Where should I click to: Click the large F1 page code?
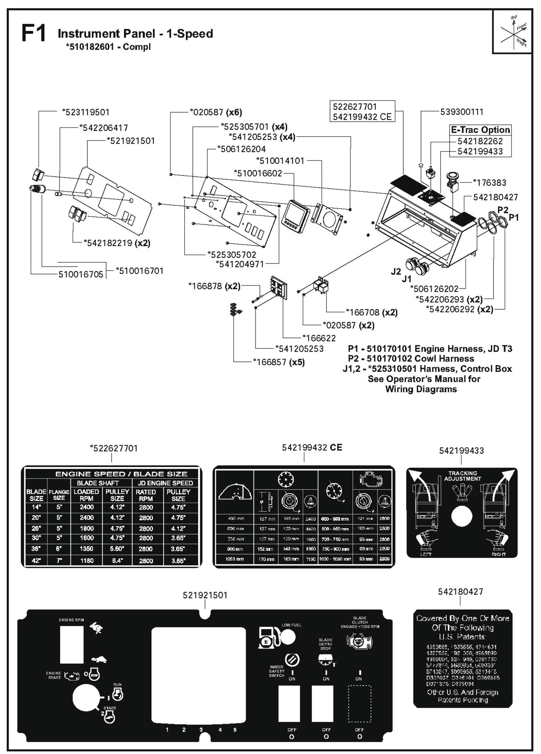pyautogui.click(x=34, y=33)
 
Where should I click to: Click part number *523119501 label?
pyautogui.click(x=86, y=112)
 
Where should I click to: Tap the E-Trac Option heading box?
pyautogui.click(x=480, y=130)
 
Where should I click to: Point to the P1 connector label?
pyautogui.click(x=514, y=217)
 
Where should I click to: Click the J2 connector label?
pyautogui.click(x=396, y=272)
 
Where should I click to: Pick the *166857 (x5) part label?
pyautogui.click(x=279, y=362)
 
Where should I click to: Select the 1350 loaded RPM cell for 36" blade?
pyautogui.click(x=86, y=549)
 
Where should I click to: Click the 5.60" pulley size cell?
pyautogui.click(x=117, y=549)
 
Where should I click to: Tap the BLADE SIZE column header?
pyautogui.click(x=36, y=495)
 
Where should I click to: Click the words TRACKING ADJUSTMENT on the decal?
pyautogui.click(x=462, y=476)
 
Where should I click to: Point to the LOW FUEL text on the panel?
pyautogui.click(x=291, y=625)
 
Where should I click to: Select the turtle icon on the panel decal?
pyautogui.click(x=99, y=659)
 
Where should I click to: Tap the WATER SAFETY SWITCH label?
pyautogui.click(x=277, y=671)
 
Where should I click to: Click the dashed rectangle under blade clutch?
pyautogui.click(x=359, y=703)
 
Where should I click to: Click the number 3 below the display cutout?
pyautogui.click(x=201, y=730)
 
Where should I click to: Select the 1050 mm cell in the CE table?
pyautogui.click(x=235, y=559)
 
